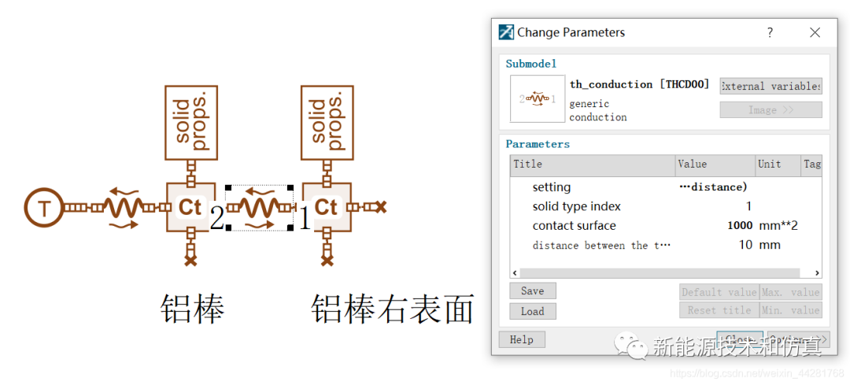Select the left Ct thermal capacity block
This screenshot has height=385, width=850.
click(x=190, y=207)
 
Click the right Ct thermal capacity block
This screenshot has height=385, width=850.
click(x=326, y=207)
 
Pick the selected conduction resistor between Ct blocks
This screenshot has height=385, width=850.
click(x=259, y=209)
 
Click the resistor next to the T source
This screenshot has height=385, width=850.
click(x=124, y=208)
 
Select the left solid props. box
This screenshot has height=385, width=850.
click(x=190, y=123)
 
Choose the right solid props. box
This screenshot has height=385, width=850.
click(x=326, y=123)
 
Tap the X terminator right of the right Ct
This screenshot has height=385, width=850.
click(x=381, y=207)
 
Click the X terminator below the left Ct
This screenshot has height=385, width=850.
click(x=190, y=257)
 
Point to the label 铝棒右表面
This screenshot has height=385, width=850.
click(x=393, y=309)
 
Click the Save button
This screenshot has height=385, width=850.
click(x=532, y=291)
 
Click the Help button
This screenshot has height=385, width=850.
click(x=521, y=340)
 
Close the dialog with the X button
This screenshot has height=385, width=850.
click(x=815, y=32)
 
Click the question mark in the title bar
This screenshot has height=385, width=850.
click(x=770, y=32)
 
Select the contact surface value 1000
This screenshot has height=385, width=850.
click(x=740, y=226)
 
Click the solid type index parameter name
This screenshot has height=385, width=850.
click(x=576, y=206)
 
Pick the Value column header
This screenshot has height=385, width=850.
click(x=693, y=165)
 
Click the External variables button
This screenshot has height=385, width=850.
click(x=771, y=86)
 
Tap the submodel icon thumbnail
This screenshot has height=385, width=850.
click(x=538, y=99)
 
